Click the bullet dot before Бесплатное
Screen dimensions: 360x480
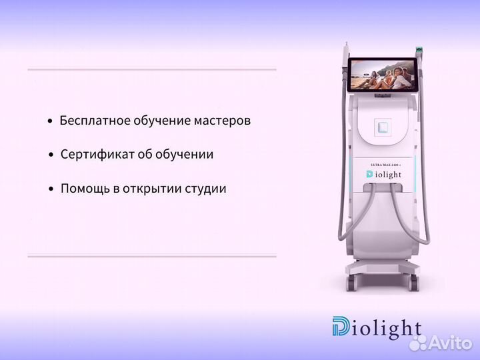click(x=50, y=123)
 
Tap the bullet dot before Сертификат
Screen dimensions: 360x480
click(x=51, y=155)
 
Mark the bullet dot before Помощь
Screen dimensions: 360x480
click(x=51, y=189)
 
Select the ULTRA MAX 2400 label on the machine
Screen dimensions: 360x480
click(x=384, y=164)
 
